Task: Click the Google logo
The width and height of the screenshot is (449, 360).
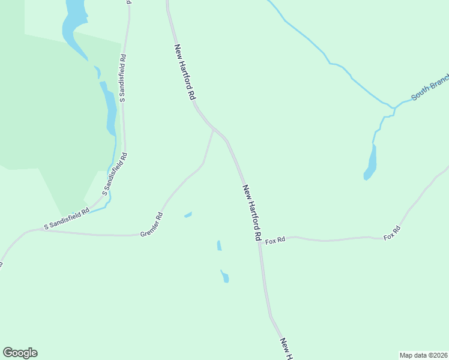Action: pos(20,353)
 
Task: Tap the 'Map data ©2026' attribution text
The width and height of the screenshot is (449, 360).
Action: pos(423,355)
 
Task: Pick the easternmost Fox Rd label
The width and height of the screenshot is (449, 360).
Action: pos(392,233)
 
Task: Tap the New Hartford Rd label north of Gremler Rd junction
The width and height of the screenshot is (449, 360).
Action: pos(185,71)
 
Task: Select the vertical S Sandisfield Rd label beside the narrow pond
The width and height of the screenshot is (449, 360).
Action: pos(122,78)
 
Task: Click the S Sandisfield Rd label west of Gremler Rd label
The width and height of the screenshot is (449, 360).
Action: pos(67,220)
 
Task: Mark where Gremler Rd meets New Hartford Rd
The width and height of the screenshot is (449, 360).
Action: pos(214,128)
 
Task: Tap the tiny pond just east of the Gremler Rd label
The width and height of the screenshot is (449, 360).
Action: pos(188,214)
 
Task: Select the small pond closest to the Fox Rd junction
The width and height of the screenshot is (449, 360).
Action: pos(219,245)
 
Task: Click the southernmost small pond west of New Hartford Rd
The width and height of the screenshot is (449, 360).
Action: pos(225,277)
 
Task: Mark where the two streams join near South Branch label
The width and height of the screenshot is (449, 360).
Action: pos(394,108)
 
